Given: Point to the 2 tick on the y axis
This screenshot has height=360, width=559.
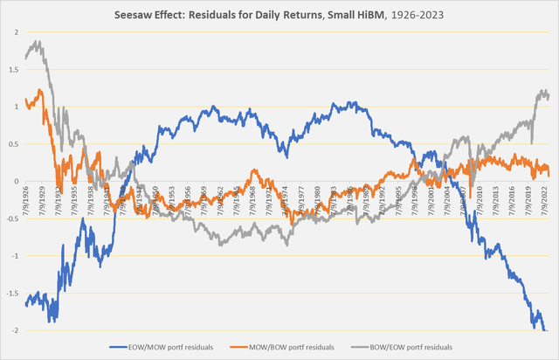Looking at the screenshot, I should pos(15,32).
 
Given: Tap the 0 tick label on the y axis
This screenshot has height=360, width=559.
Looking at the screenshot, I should pos(15,181).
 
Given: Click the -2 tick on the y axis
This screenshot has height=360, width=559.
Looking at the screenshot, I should pos(13,330).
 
